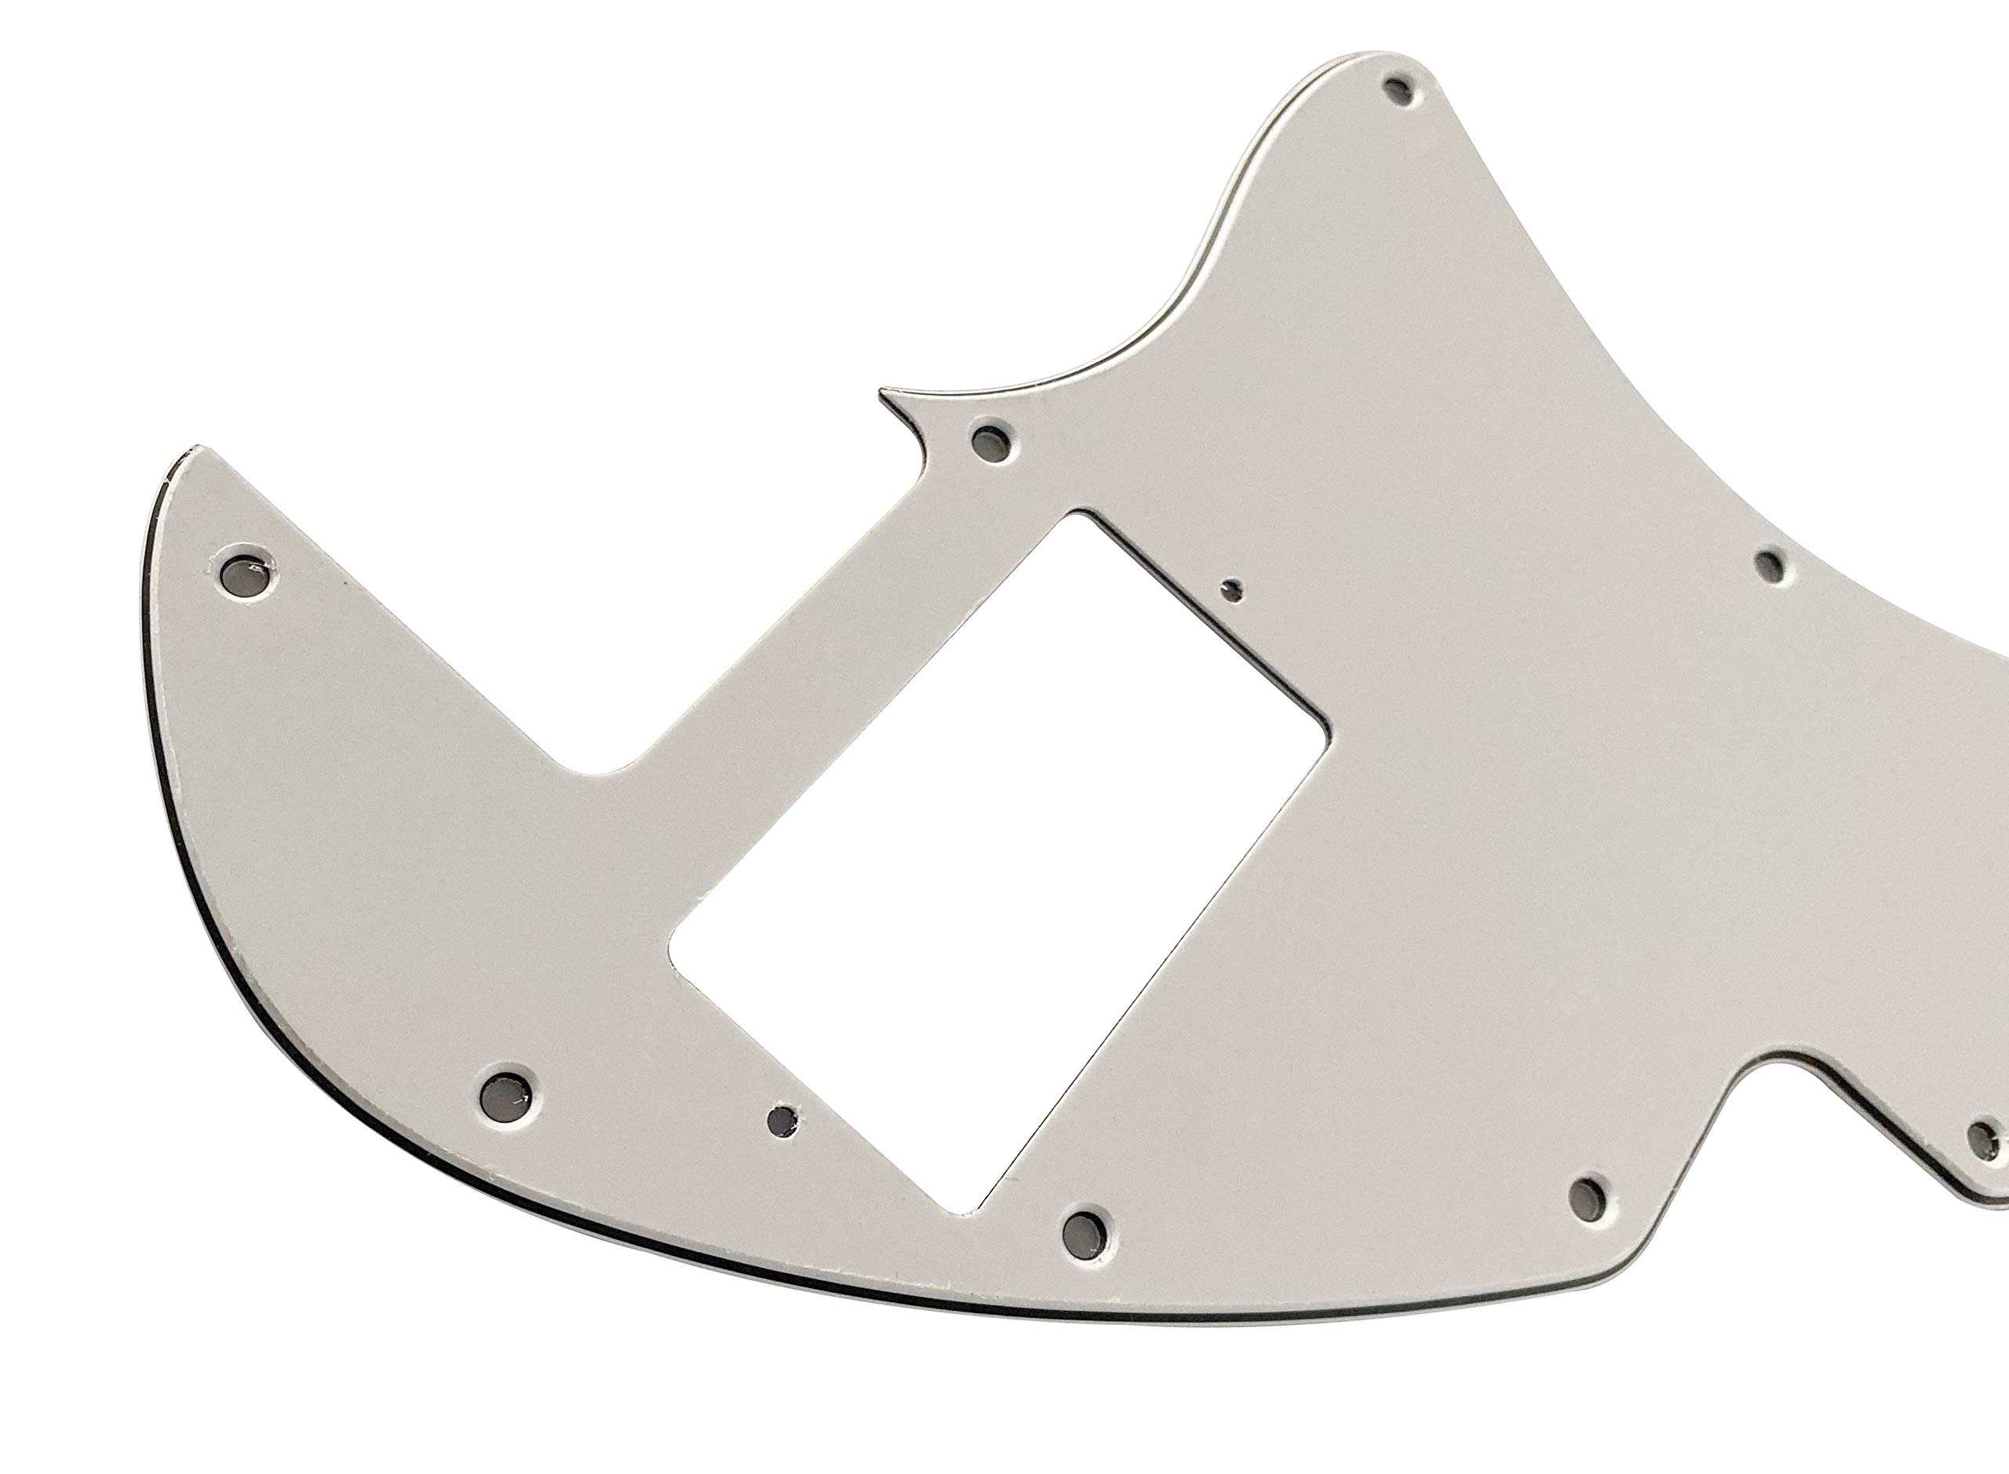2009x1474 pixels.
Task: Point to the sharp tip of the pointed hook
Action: coord(882,391)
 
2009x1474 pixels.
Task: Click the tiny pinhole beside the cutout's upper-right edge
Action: coord(1234,588)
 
